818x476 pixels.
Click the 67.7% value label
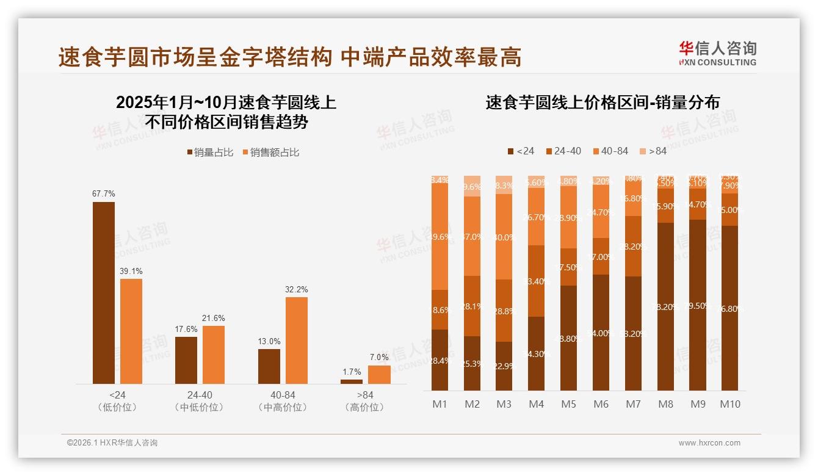104,193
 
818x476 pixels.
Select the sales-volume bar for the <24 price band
104,293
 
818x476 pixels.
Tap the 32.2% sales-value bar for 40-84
297,341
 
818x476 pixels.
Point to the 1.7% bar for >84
352,381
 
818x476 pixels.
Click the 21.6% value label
214,318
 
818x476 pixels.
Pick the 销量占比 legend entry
210,153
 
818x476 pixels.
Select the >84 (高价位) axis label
364,401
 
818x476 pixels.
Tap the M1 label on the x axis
440,404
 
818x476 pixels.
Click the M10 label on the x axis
729,404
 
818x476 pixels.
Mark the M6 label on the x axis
601,404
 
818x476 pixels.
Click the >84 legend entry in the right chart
653,151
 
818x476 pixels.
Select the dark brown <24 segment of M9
697,305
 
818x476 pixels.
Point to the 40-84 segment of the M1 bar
440,237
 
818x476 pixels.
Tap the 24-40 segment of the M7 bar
633,247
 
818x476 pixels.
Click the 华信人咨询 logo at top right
717,53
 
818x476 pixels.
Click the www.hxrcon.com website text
709,443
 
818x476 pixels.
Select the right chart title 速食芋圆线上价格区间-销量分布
602,103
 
